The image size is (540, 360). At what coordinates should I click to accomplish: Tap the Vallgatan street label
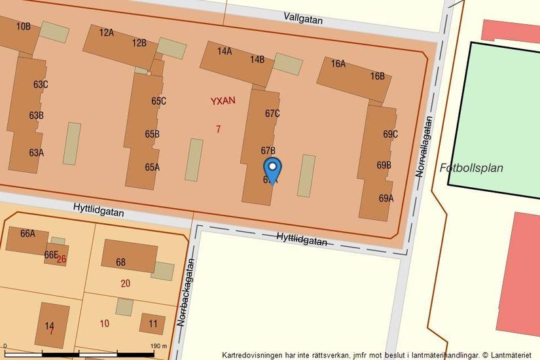pyautogui.click(x=303, y=19)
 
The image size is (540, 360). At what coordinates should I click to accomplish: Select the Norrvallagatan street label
pyautogui.click(x=424, y=147)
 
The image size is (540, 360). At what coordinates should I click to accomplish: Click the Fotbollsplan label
pyautogui.click(x=471, y=168)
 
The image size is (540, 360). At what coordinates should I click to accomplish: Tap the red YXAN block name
pyautogui.click(x=223, y=101)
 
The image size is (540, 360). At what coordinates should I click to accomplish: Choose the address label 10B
pyautogui.click(x=24, y=26)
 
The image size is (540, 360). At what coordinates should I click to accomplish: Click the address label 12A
pyautogui.click(x=106, y=32)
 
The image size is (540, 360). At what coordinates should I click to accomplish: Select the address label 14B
pyautogui.click(x=257, y=60)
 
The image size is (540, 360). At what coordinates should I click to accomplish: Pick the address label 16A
pyautogui.click(x=338, y=63)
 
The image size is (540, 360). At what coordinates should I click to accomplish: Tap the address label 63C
pyautogui.click(x=41, y=84)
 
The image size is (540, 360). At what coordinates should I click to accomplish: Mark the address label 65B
pyautogui.click(x=152, y=134)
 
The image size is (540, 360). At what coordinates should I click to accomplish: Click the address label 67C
pyautogui.click(x=272, y=113)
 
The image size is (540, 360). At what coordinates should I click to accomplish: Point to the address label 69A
pyautogui.click(x=386, y=198)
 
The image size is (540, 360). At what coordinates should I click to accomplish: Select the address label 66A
pyautogui.click(x=27, y=233)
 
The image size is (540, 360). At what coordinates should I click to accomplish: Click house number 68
pyautogui.click(x=120, y=262)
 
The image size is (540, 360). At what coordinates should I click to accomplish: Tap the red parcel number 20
pyautogui.click(x=125, y=283)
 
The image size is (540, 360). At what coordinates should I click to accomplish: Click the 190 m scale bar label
pyautogui.click(x=159, y=346)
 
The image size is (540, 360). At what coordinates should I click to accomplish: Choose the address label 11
pyautogui.click(x=153, y=323)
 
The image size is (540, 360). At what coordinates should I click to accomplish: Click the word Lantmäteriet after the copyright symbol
pyautogui.click(x=509, y=355)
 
